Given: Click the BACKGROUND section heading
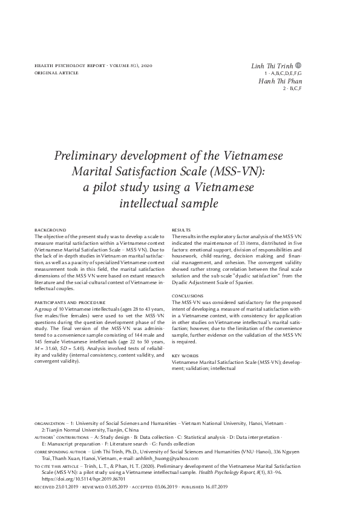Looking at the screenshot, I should pos(50,230).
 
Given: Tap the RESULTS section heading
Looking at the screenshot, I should pos(182,230).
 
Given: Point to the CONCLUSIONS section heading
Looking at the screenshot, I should pos(188,296).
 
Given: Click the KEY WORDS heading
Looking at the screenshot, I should pos(185,356).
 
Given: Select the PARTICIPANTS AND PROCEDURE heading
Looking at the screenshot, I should pos(70,302).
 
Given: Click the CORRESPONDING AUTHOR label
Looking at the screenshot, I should pos(61,452).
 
